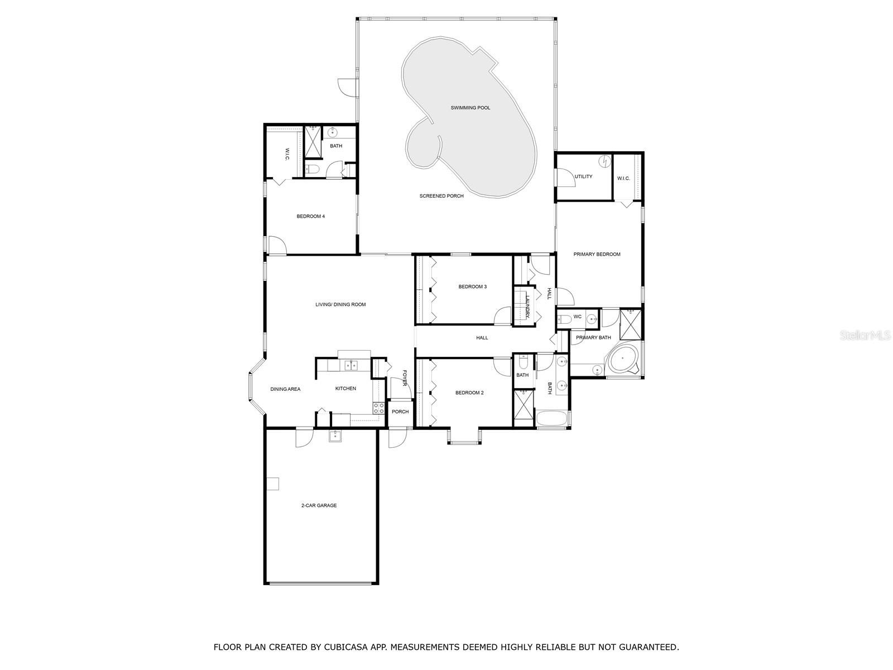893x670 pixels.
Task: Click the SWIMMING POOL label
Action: coord(470,108)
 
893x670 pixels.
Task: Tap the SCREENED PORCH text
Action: coord(441,196)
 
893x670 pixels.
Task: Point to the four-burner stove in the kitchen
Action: coord(379,408)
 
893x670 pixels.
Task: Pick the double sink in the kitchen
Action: coord(351,365)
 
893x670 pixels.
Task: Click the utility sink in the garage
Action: coord(335,436)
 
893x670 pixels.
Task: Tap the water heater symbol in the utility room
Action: coord(604,161)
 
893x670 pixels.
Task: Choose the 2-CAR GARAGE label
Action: coord(319,505)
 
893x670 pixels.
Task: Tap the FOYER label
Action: coord(405,378)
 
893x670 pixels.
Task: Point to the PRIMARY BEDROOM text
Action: coord(597,254)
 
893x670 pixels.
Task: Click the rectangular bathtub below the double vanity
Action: coord(551,419)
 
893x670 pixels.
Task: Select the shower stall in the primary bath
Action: coord(630,324)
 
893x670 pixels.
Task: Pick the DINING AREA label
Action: coord(285,389)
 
